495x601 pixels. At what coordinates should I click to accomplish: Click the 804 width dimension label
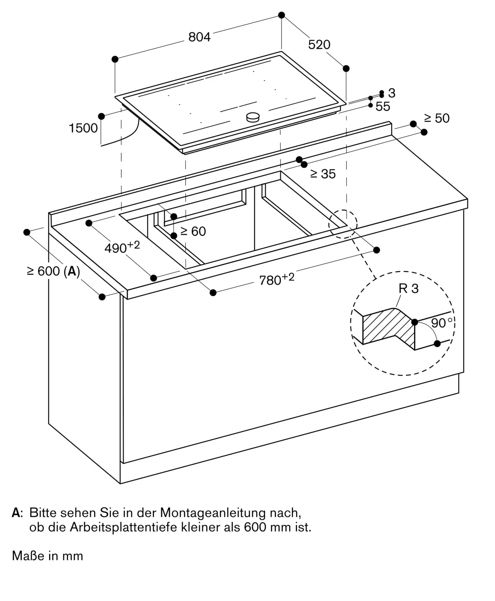(199, 37)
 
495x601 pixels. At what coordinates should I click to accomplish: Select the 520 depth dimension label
(319, 44)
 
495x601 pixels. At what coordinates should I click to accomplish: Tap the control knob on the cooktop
(252, 117)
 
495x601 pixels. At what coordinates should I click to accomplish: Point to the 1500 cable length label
(83, 128)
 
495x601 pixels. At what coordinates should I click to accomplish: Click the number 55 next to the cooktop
(383, 107)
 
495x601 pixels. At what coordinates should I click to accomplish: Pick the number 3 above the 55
(391, 93)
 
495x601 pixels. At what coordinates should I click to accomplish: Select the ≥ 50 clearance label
(437, 118)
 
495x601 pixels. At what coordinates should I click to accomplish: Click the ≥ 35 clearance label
(323, 174)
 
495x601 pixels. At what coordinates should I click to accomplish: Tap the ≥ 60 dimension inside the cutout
(193, 231)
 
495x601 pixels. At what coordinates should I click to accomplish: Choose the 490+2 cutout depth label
(122, 247)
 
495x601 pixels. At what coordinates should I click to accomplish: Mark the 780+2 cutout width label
(277, 279)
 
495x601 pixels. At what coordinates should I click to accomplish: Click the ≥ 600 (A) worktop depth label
(53, 271)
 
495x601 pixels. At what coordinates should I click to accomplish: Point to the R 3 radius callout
(408, 289)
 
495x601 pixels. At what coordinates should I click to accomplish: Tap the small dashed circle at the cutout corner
(343, 224)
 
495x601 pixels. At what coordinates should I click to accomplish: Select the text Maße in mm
(47, 556)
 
